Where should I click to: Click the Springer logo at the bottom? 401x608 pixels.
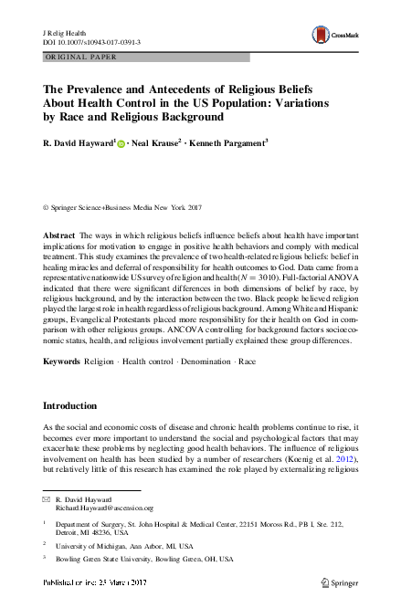341,603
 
